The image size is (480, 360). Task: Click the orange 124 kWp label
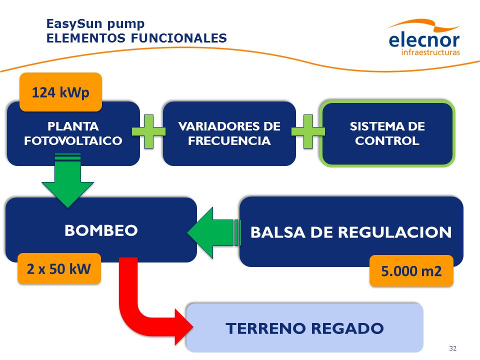(x=60, y=92)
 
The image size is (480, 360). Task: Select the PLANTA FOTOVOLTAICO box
(x=73, y=134)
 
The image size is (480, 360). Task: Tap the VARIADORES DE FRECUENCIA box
(x=229, y=134)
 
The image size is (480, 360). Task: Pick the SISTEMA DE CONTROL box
(x=387, y=134)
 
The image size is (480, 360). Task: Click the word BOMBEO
(x=101, y=230)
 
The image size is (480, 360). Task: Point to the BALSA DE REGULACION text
(x=351, y=232)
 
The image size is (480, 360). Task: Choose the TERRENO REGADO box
(x=304, y=327)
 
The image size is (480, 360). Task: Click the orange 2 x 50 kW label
(x=59, y=269)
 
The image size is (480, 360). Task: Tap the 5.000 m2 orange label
(x=411, y=271)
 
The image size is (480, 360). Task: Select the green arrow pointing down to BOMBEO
(x=67, y=180)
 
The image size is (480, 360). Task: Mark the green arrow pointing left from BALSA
(x=214, y=232)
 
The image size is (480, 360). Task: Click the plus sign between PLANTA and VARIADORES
(x=149, y=131)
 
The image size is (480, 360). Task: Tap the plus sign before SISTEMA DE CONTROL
(x=308, y=131)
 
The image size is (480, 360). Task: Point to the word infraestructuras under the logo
(x=430, y=52)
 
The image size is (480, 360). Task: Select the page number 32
(x=453, y=348)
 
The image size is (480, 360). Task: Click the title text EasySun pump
(x=95, y=24)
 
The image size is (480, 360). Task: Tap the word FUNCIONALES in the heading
(x=179, y=38)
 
